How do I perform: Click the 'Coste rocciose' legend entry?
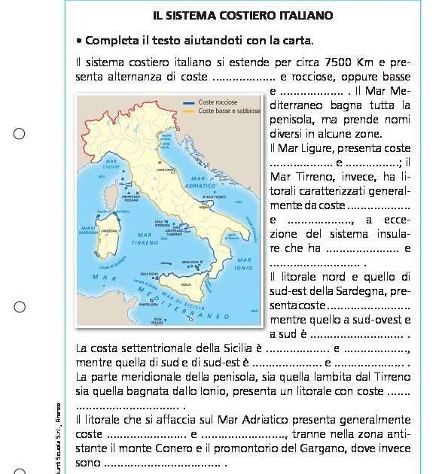point(218,102)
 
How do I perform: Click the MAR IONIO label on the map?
point(243,264)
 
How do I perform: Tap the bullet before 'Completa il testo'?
point(79,40)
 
